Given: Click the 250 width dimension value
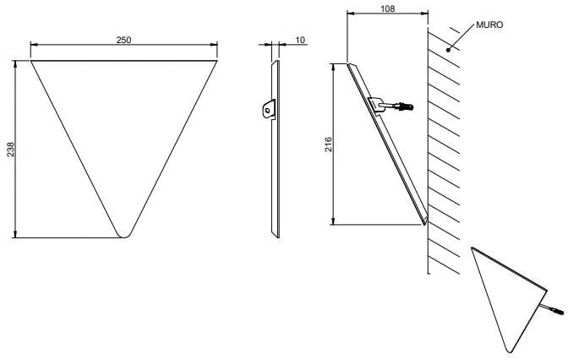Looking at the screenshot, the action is (123, 40).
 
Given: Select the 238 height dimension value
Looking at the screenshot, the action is (10, 150).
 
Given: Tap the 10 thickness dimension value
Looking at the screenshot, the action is (300, 40).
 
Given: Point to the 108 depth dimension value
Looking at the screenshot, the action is (388, 8).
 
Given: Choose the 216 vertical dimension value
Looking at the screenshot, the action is (328, 145).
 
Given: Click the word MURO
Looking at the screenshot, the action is (489, 25).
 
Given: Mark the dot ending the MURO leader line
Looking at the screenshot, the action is (449, 50).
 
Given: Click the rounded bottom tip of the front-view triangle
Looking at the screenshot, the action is (123, 237).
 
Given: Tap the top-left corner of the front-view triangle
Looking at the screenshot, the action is (31, 61).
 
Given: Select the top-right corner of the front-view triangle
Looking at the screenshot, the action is (216, 61).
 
